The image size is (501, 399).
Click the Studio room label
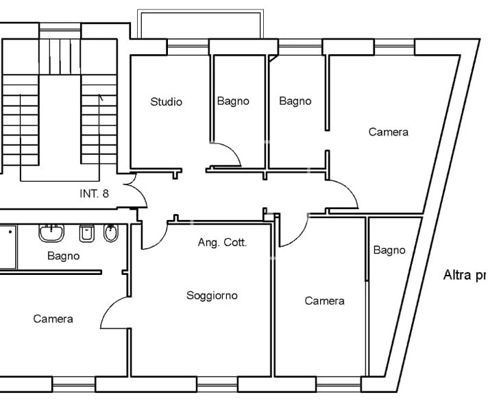pos(167,102)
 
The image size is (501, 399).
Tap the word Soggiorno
pos(212,295)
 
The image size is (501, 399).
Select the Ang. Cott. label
pos(222,243)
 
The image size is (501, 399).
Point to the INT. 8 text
pos(94,193)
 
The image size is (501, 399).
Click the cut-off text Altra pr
pos(465,276)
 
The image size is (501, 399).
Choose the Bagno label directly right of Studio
pos(233,101)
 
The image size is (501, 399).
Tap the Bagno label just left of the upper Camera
pos(295,101)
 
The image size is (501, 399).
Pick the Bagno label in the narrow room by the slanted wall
pos(389,250)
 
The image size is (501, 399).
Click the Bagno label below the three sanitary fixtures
pos(63,256)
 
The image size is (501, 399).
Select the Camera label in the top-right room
pos(388,132)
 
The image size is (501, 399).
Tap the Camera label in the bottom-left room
pos(53,319)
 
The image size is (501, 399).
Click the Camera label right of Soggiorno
pos(324,301)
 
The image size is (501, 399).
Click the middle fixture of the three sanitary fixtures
pos(86,234)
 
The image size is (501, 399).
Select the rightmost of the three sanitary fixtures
pos(111,233)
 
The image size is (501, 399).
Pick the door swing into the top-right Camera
pos(345,193)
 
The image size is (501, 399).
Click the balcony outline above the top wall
pos(200,23)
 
